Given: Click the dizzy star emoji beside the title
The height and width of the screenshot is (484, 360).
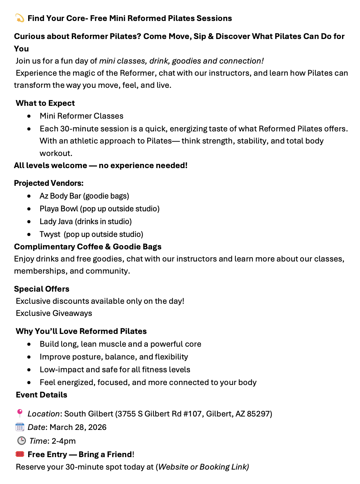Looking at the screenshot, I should (x=20, y=18).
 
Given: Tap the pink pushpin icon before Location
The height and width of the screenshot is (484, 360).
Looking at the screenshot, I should (x=20, y=413).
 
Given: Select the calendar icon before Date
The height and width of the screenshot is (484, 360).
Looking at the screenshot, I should (x=20, y=427).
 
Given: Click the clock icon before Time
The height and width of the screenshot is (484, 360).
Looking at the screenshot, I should (x=21, y=441).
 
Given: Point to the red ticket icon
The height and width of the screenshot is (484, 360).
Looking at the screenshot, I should (x=20, y=454).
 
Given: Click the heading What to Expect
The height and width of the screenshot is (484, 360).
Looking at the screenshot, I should (x=45, y=103).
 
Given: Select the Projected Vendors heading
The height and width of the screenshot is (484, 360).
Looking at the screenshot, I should (x=49, y=183).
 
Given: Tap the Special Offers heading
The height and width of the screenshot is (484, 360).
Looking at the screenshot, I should (x=42, y=289).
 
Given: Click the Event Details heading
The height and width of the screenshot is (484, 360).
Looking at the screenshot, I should (x=42, y=395).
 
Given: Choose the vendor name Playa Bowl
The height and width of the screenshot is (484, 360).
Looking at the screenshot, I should (x=59, y=209).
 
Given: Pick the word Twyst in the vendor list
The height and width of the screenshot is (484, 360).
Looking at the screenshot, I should (x=50, y=234).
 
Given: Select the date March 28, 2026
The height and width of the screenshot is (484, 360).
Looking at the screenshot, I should (x=78, y=427).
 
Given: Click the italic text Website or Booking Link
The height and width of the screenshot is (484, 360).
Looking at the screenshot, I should (x=203, y=467).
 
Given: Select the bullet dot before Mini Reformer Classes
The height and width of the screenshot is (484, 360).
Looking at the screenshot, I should (x=29, y=116).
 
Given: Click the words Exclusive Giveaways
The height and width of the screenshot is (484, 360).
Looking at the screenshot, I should (x=54, y=313).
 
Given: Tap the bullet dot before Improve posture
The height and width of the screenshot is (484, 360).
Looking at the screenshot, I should (x=29, y=357).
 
